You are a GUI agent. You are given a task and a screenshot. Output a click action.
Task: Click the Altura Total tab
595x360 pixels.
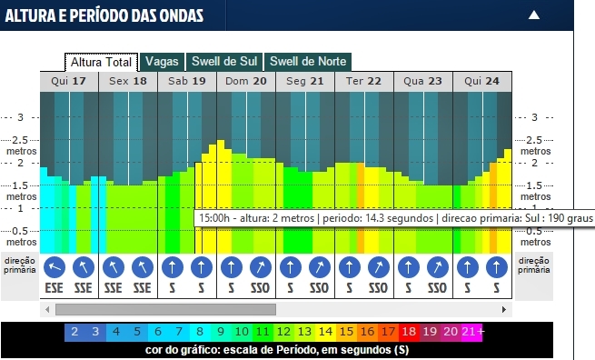point(101,62)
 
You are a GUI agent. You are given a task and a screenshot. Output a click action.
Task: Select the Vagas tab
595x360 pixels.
point(162,62)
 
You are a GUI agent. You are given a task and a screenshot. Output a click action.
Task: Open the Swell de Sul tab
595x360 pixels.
point(224,62)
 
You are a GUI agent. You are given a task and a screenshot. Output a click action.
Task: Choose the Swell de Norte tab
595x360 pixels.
point(308,62)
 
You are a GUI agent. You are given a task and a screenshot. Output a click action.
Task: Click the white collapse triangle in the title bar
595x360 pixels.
point(534,15)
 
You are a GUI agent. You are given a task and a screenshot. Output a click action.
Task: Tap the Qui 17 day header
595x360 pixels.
point(69,81)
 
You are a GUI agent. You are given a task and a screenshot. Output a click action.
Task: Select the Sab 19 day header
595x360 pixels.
point(187,81)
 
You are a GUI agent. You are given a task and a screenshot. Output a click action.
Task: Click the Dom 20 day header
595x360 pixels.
point(246,81)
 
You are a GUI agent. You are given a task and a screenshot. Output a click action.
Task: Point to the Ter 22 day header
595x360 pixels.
point(363,81)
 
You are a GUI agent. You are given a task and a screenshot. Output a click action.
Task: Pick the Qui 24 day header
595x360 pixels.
point(481,81)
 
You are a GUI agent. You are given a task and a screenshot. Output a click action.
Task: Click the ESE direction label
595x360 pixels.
point(55,288)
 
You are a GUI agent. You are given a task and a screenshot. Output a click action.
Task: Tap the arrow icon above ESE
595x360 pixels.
point(55,267)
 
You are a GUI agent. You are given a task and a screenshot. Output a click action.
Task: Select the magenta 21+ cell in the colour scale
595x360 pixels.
point(471,333)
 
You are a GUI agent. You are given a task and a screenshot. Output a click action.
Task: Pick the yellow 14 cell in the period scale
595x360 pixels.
point(325,333)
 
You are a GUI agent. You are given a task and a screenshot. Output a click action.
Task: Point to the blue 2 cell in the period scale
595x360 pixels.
point(75,333)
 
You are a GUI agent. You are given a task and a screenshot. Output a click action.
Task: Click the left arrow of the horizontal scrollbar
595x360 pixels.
point(46,309)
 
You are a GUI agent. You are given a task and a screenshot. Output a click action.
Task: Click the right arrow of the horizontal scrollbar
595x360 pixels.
point(507,309)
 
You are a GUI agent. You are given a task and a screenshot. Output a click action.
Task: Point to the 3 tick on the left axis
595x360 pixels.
point(23,117)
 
